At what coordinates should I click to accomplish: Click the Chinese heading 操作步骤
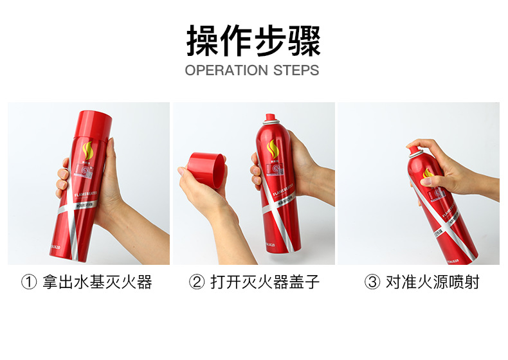253,40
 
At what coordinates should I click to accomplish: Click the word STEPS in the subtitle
296,70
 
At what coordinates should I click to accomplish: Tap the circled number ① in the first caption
28,282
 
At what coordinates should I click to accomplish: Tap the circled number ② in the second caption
196,282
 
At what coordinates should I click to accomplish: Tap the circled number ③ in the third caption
372,282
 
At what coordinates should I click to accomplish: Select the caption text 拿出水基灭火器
97,282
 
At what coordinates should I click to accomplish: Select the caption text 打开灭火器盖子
265,282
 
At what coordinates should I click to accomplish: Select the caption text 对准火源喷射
432,282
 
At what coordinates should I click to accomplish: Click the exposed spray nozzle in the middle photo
271,118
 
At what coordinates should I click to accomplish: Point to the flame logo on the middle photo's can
273,148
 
